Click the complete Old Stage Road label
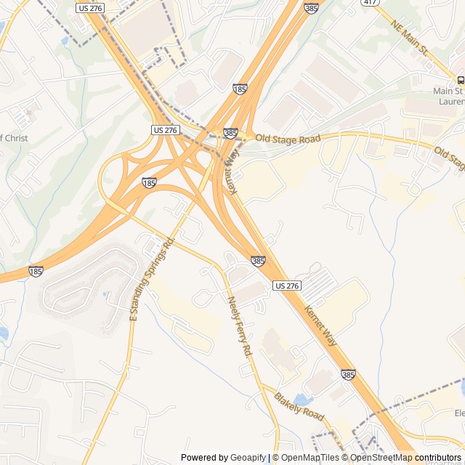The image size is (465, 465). coord(288,138)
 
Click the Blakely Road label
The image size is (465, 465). coord(299,407)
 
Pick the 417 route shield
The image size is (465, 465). coord(371,2)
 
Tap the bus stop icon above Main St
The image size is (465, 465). coord(460,79)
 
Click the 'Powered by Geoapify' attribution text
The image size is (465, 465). coord(223,458)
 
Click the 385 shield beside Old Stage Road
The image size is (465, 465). coord(230,133)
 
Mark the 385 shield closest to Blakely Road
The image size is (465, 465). coord(348,375)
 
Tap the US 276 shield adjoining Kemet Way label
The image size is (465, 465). coord(287,286)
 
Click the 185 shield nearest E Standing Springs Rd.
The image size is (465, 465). coord(149,183)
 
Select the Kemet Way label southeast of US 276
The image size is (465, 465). coord(320,324)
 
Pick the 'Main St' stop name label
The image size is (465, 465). coord(448,92)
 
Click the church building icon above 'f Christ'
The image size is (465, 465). coord(30,113)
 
